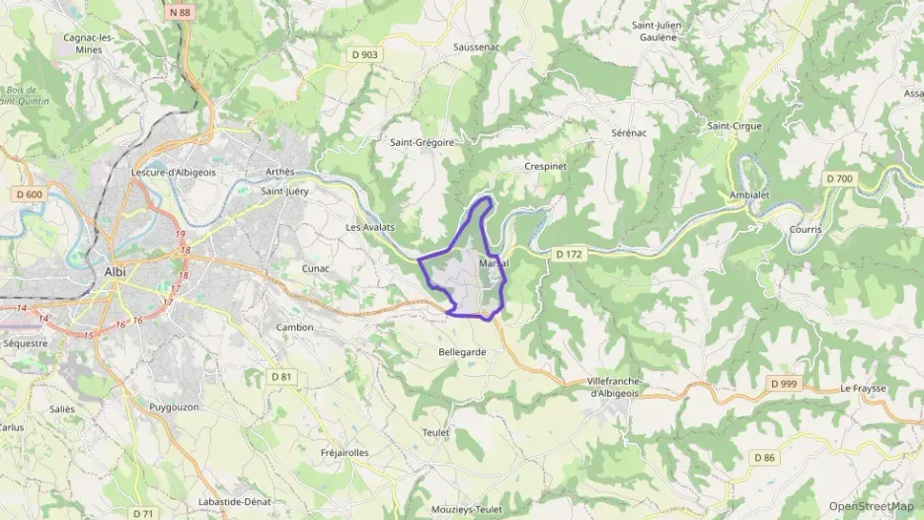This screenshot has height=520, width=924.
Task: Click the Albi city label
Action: [115, 271]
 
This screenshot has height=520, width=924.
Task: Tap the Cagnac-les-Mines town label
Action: [89, 43]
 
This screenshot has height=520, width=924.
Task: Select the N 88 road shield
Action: [179, 12]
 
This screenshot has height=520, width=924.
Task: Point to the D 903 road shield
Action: [363, 54]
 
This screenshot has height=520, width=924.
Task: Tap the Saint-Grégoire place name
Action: [422, 142]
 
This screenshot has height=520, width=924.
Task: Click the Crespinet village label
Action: [546, 167]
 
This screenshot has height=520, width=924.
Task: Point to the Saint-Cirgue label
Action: [734, 126]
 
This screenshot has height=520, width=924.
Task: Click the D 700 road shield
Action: [838, 179]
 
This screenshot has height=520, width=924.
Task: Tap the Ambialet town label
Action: [749, 195]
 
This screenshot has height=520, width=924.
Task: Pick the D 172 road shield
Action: [570, 254]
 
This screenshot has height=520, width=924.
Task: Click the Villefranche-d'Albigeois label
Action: [615, 387]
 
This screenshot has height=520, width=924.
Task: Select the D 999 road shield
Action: [784, 383]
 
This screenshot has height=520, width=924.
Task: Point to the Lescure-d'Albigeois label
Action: [173, 172]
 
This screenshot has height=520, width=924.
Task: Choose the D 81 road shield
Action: [282, 376]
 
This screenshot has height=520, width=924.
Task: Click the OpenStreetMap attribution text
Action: [872, 506]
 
